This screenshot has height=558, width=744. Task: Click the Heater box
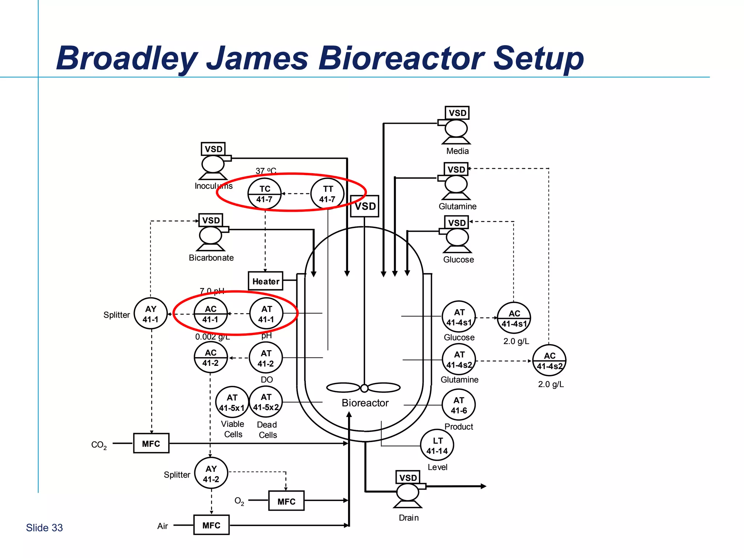point(266,281)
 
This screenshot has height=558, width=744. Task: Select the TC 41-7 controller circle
point(264,194)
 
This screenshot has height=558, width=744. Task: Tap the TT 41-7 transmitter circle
point(327,194)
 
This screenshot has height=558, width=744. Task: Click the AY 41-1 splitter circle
point(151,314)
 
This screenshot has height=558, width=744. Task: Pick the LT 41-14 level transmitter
point(437,445)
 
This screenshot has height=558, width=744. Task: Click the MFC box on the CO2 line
point(151,443)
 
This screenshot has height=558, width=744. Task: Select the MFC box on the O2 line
point(286,501)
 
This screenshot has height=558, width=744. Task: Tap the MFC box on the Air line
point(211,525)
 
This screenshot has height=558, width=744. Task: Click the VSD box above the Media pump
point(457,113)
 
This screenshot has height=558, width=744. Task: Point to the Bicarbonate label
point(211,258)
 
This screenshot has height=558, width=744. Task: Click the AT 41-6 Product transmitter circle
point(458,405)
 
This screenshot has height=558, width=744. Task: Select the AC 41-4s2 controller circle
point(549,360)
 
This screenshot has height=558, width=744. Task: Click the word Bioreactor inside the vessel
point(365,403)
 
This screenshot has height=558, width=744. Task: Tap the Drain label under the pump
point(408,518)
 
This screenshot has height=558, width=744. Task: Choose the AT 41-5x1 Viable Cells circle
point(232,403)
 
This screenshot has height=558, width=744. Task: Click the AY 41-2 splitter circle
point(211,473)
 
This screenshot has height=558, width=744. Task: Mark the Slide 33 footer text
point(44,527)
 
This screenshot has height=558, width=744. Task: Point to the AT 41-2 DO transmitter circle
point(266,358)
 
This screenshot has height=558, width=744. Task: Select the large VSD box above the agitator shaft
point(365,206)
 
